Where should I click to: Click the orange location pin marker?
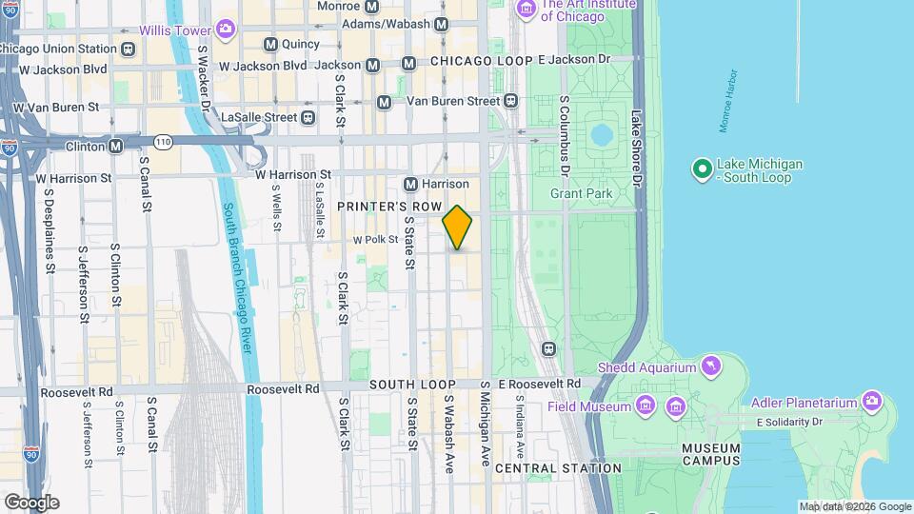coord(457,227)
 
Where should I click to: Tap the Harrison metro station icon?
coord(411,184)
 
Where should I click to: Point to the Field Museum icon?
coord(646,406)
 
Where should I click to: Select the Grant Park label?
coord(581,193)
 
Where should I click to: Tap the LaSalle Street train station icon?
coord(308,117)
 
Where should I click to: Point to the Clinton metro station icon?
coord(115,147)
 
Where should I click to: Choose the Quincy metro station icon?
coord(270,44)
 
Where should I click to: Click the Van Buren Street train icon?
coord(511,100)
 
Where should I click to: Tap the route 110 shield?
coord(164,142)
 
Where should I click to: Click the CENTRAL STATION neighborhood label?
coord(558,468)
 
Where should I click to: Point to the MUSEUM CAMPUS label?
coord(710,454)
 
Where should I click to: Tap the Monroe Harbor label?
coord(725,100)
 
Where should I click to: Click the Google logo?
coord(31,503)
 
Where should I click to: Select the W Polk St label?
coord(375,240)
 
